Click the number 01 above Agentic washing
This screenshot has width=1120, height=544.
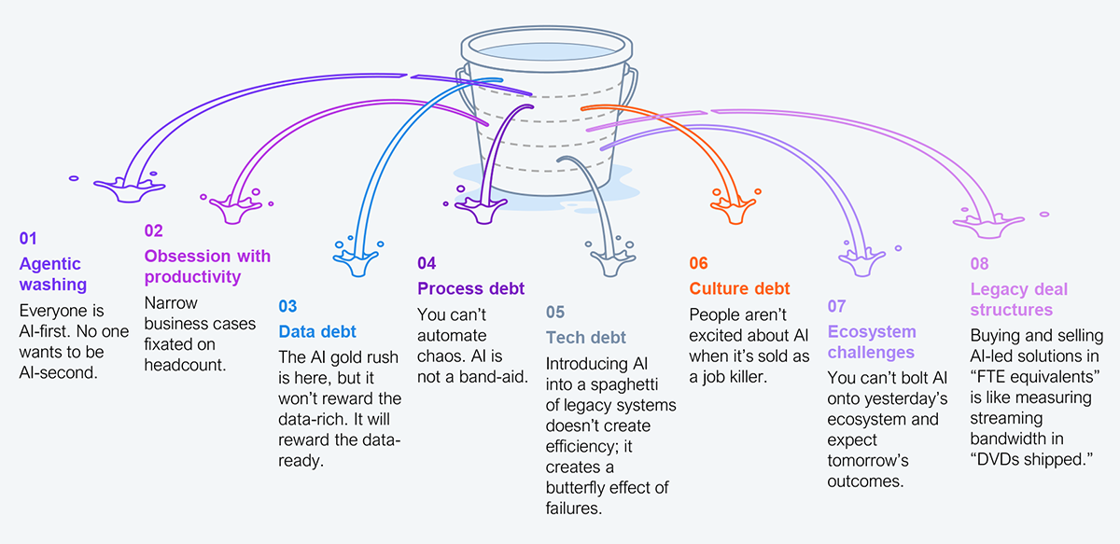click(28, 239)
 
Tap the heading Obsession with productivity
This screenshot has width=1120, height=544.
click(207, 266)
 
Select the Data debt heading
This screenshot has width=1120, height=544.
click(317, 331)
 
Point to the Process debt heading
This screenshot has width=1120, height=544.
click(470, 288)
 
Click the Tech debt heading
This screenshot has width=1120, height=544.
click(586, 337)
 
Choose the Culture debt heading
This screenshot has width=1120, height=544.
click(739, 288)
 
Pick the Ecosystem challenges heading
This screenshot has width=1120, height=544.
click(872, 342)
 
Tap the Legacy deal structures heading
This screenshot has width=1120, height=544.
click(1018, 299)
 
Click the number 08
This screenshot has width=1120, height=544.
click(979, 264)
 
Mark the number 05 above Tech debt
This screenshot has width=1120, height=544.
click(555, 312)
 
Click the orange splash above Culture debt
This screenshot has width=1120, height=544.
click(734, 207)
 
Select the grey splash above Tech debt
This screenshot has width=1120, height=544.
click(610, 256)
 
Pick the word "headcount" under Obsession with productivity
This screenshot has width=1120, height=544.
click(185, 365)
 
